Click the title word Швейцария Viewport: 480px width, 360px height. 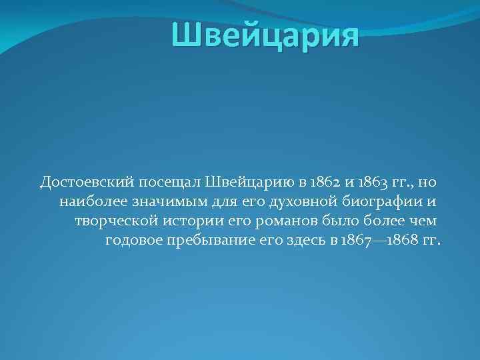(265, 35)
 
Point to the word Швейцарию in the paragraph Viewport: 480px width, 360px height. (247, 181)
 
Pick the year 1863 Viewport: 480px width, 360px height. (371, 181)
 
